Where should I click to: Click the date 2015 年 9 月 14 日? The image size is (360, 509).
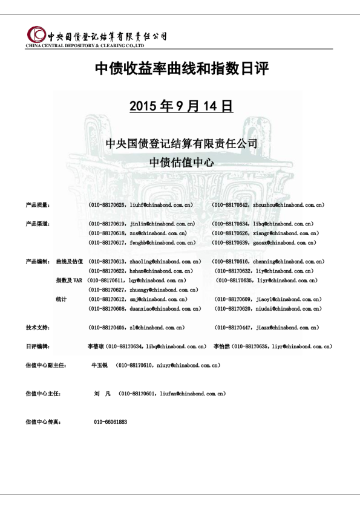(181, 106)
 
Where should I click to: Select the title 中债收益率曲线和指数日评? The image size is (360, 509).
(181, 70)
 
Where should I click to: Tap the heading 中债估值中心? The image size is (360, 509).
(181, 163)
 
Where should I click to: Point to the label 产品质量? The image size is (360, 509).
(38, 206)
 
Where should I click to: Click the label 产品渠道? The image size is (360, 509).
(38, 224)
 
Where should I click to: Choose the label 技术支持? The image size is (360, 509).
(38, 327)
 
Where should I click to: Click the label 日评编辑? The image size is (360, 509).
(38, 346)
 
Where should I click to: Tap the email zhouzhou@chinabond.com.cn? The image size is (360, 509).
(287, 206)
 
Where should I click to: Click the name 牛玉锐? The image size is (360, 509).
(99, 366)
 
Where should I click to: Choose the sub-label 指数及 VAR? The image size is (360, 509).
(69, 280)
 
